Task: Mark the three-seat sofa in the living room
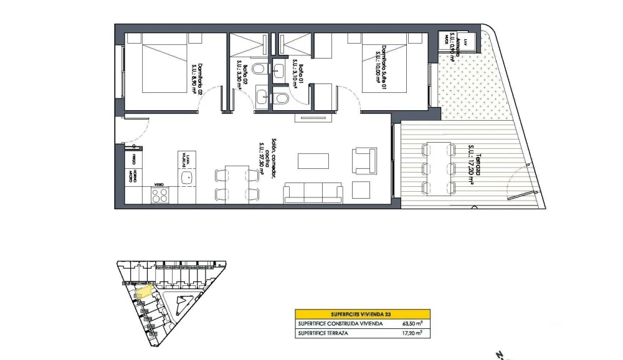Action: pos(313,193)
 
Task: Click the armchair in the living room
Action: pos(364,159)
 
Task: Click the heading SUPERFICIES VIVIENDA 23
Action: pos(361,315)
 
